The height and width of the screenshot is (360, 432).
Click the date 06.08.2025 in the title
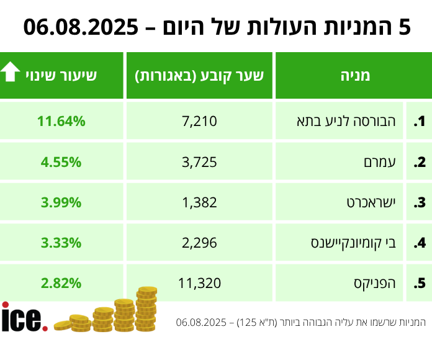coord(81,27)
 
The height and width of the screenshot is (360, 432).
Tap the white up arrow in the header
coord(11,74)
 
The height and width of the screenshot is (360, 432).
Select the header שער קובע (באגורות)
coord(199,76)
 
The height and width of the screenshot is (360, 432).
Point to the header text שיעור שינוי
coord(61,76)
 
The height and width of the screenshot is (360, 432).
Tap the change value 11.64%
coord(61,122)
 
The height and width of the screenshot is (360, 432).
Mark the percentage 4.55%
coord(61,163)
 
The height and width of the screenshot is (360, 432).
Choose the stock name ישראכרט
coord(379,202)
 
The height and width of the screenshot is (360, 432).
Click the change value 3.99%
coord(61,202)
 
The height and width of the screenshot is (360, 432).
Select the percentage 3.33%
coord(61,243)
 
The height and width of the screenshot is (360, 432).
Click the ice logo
coord(24,318)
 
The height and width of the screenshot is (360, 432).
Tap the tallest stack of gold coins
coord(146,309)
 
